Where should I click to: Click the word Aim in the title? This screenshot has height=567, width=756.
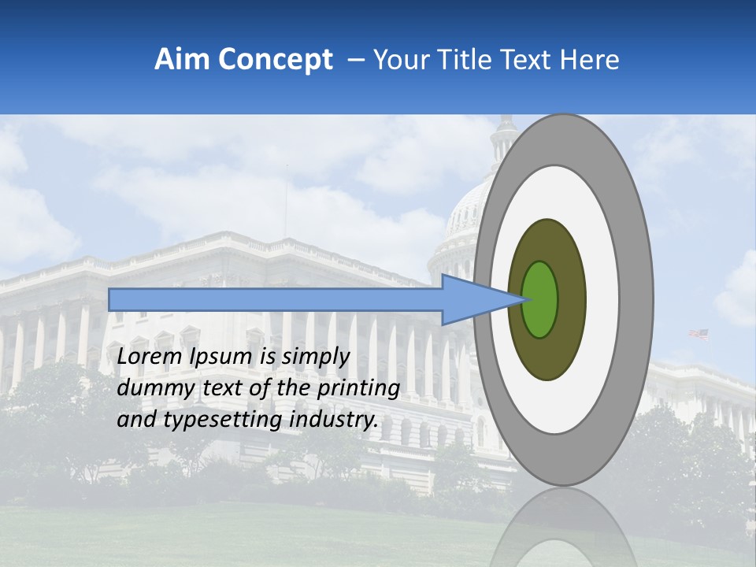click(x=183, y=60)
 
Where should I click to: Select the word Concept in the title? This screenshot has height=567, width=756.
click(x=276, y=60)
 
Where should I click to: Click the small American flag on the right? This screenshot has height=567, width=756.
click(x=699, y=334)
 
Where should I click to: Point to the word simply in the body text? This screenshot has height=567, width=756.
click(x=313, y=357)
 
